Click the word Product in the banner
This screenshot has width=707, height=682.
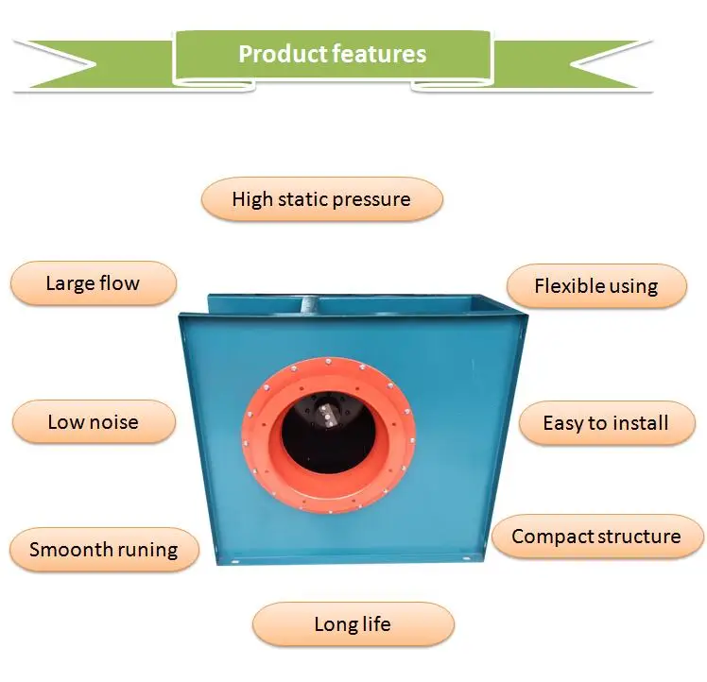click(x=284, y=54)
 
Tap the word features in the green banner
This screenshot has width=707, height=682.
click(x=379, y=54)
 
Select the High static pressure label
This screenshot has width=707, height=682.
click(x=322, y=199)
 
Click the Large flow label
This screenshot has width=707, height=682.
click(x=94, y=283)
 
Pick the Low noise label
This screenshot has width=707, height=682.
click(x=94, y=422)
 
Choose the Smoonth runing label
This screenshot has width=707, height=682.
click(x=104, y=550)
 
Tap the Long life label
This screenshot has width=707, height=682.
click(x=353, y=624)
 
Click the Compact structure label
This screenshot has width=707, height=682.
click(x=597, y=537)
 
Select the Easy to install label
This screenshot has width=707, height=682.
click(x=607, y=423)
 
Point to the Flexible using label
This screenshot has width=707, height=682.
click(x=596, y=286)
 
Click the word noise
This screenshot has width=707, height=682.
click(x=114, y=422)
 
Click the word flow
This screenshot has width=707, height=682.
click(x=119, y=283)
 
